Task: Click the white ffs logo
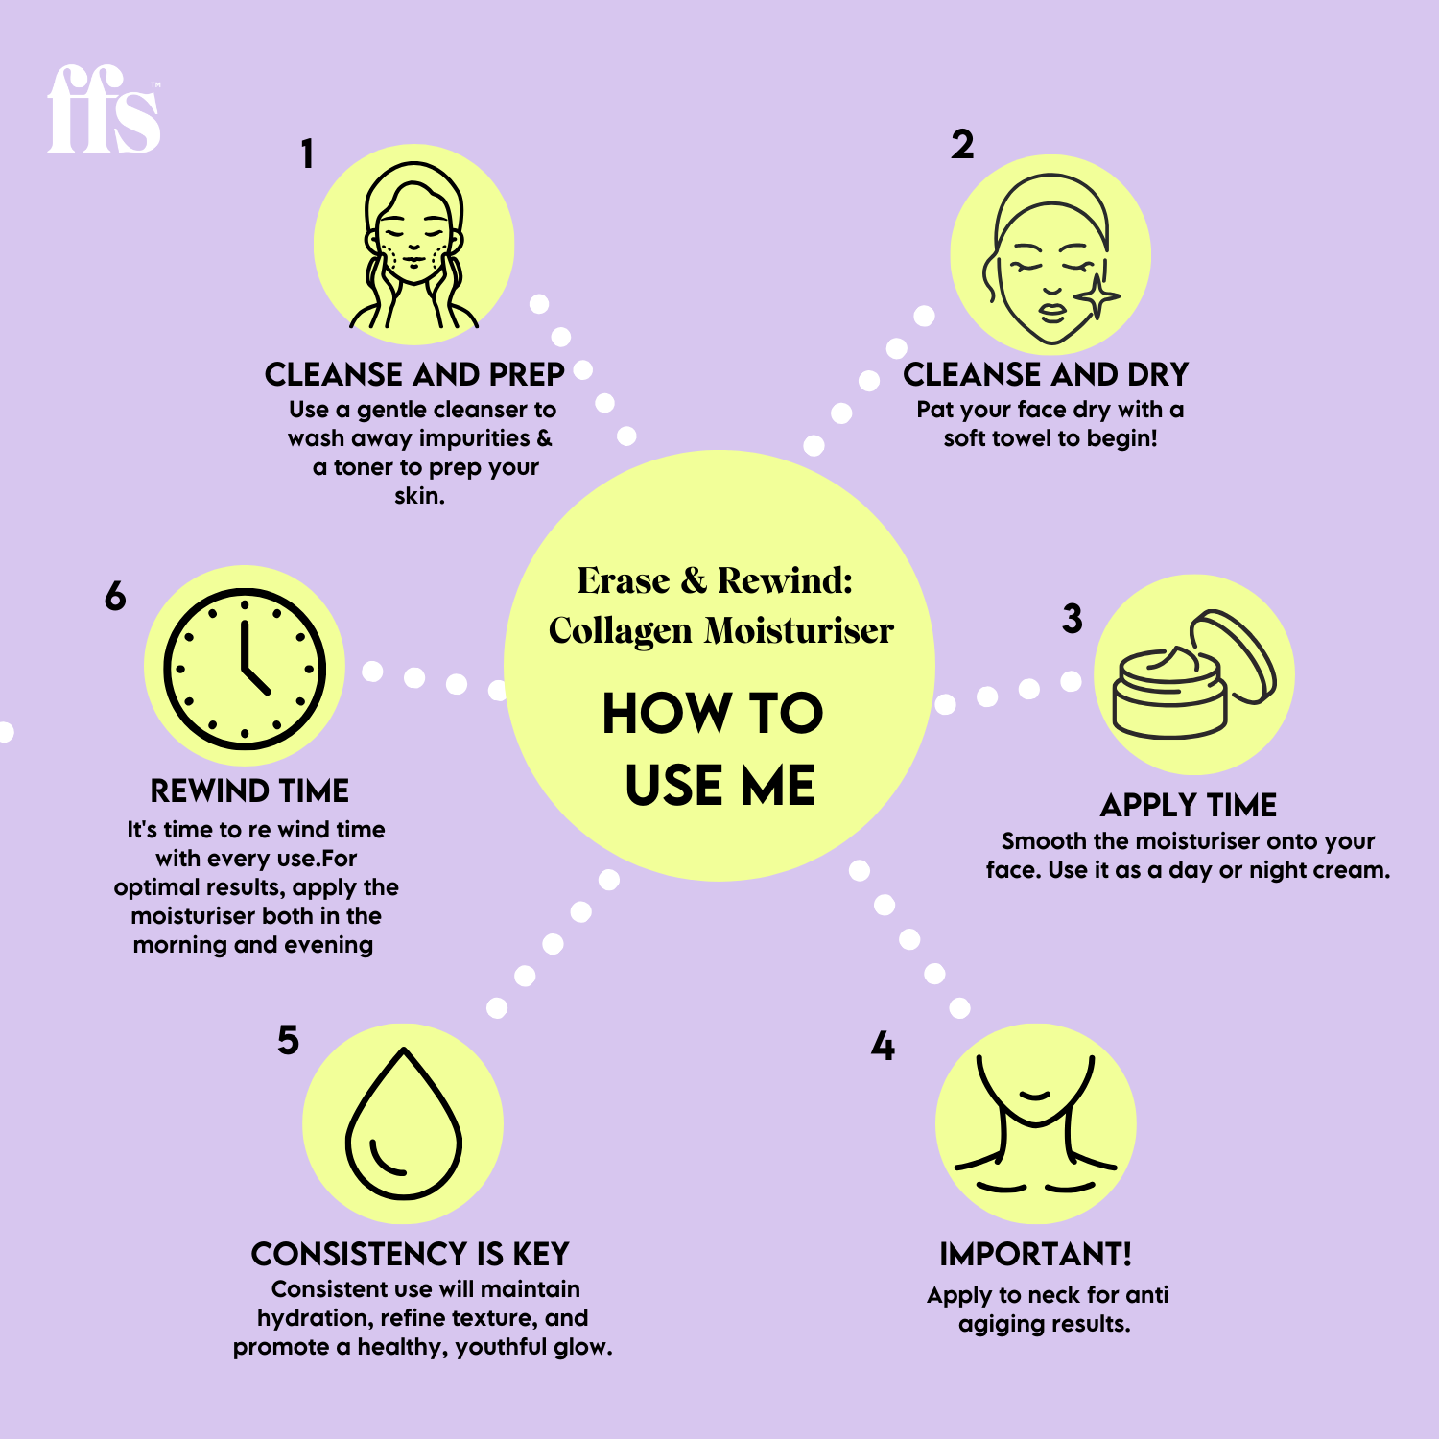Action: point(104,109)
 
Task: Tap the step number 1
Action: point(307,154)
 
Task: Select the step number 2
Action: point(962,145)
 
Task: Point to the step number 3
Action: point(1072,619)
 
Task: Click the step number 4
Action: point(883,1046)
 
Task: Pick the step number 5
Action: point(288,1041)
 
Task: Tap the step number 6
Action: point(115,597)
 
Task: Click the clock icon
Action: point(245,669)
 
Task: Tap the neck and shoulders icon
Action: point(1036,1124)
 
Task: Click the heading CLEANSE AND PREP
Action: point(414,374)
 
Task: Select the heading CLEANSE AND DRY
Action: point(1046,374)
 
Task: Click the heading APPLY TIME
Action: point(1189,805)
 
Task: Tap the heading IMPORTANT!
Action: point(1035,1254)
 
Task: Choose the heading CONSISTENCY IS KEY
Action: point(411,1254)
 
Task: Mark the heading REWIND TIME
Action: point(249,790)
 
